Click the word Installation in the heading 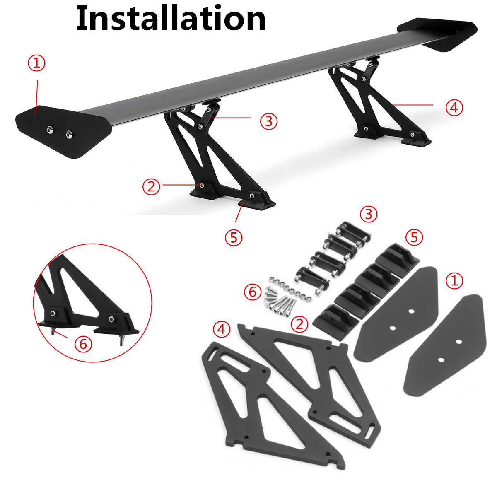[x=171, y=19]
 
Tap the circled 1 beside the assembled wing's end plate [x=36, y=63]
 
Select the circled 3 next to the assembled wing [x=269, y=121]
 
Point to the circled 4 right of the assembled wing [x=454, y=107]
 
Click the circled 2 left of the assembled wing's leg [x=151, y=186]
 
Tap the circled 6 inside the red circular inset [x=83, y=343]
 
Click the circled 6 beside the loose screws [x=253, y=292]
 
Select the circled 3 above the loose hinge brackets [x=368, y=214]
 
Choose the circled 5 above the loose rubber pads [x=414, y=237]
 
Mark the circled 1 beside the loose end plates [x=454, y=281]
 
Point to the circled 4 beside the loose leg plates [x=221, y=329]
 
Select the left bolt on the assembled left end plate [x=50, y=130]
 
